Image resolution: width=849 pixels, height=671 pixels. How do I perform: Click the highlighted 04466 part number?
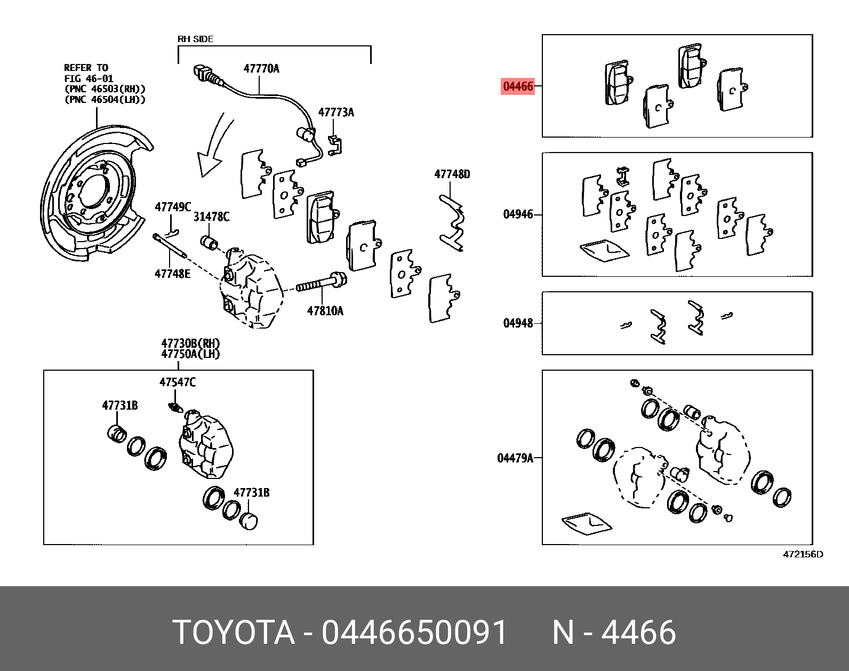[518, 86]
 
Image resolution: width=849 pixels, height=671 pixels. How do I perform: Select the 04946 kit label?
[518, 214]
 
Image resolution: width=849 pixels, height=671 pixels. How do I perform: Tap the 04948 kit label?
[518, 323]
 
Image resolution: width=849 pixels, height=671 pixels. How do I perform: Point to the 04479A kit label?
[515, 458]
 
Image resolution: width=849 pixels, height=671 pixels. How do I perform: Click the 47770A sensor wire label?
[261, 69]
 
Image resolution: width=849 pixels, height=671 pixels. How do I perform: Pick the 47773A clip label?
[336, 113]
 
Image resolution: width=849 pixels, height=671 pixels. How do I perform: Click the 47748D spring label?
[452, 174]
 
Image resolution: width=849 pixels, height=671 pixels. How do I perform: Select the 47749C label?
[173, 207]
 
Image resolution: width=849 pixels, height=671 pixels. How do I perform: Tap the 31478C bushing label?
[211, 217]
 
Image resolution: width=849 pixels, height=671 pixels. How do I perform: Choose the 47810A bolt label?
[325, 311]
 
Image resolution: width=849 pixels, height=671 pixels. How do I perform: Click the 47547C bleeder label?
[178, 382]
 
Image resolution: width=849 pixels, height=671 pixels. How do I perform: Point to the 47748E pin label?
[172, 274]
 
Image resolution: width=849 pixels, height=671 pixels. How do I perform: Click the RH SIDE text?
[195, 39]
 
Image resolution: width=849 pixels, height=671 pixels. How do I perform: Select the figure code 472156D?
[803, 554]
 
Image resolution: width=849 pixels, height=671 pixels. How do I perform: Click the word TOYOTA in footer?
[234, 633]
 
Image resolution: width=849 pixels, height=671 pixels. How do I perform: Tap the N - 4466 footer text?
[614, 633]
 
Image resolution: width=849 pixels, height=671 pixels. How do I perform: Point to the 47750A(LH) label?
[190, 354]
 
